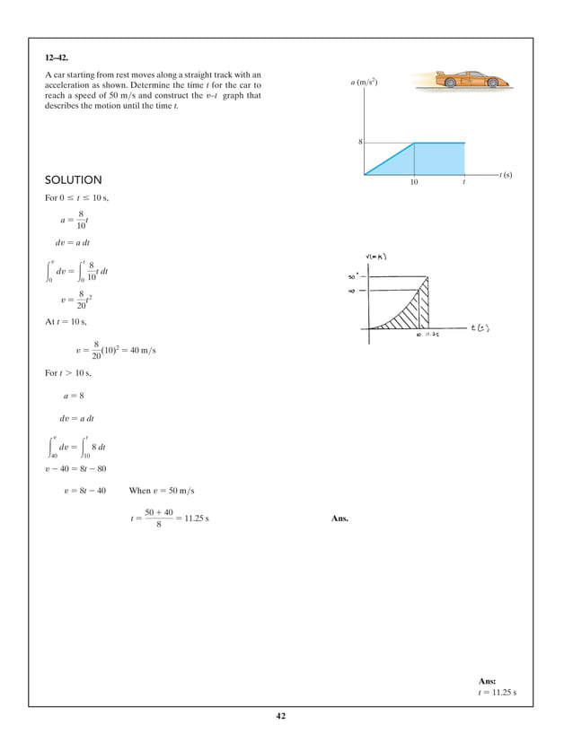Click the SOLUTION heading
(74, 180)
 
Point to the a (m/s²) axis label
(364, 83)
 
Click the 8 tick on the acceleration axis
(360, 143)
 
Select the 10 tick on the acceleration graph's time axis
(414, 182)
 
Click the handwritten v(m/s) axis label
(378, 257)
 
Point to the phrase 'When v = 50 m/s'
(162, 491)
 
